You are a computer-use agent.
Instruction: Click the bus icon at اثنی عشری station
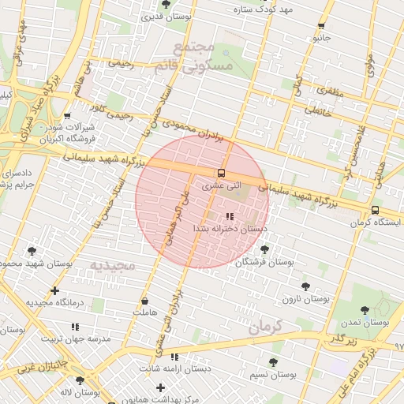(x=220, y=173)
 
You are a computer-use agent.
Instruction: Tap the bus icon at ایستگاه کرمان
(x=374, y=210)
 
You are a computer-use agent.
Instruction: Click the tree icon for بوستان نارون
(x=305, y=286)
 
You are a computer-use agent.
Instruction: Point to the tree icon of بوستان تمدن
(x=364, y=310)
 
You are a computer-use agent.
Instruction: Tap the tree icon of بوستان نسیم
(x=273, y=362)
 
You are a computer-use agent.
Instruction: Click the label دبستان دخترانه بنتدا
(x=230, y=227)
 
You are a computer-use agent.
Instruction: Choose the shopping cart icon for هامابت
(x=144, y=301)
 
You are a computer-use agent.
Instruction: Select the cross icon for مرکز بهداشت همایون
(x=161, y=387)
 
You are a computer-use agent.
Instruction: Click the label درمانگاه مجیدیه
(x=53, y=302)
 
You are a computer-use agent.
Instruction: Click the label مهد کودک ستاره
(x=264, y=9)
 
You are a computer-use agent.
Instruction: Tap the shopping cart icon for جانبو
(x=320, y=25)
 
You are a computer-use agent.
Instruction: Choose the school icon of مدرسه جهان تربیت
(x=77, y=324)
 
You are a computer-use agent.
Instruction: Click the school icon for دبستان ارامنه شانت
(x=174, y=357)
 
